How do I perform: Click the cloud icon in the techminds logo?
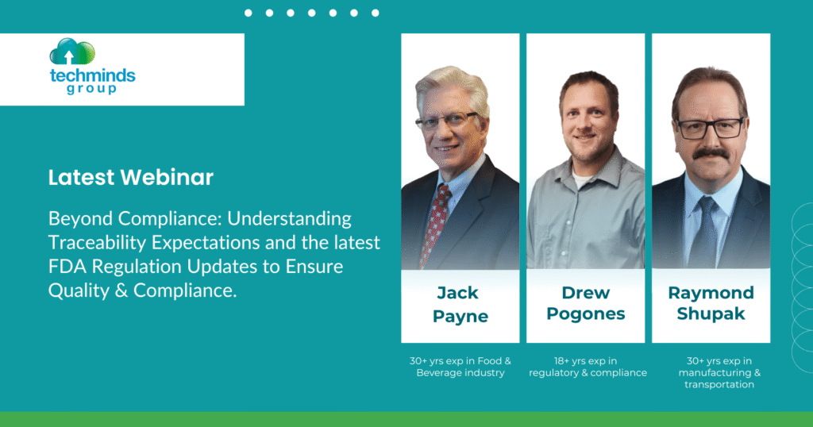[72, 52]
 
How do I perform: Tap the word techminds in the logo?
[92, 75]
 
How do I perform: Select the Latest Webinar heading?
[131, 177]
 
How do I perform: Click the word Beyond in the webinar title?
[81, 219]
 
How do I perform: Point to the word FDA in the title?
[67, 267]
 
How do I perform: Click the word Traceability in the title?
[97, 243]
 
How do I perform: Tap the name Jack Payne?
[460, 304]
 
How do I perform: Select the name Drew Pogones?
[585, 303]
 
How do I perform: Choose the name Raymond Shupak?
[711, 303]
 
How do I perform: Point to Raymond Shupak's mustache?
[711, 153]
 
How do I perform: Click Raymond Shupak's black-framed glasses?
[711, 128]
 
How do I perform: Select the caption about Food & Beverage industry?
[460, 367]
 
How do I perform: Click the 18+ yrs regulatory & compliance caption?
[588, 367]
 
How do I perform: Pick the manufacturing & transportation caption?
[719, 372]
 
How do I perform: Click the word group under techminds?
[92, 89]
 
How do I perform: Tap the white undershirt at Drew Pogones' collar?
[582, 182]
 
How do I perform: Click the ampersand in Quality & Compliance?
[121, 290]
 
